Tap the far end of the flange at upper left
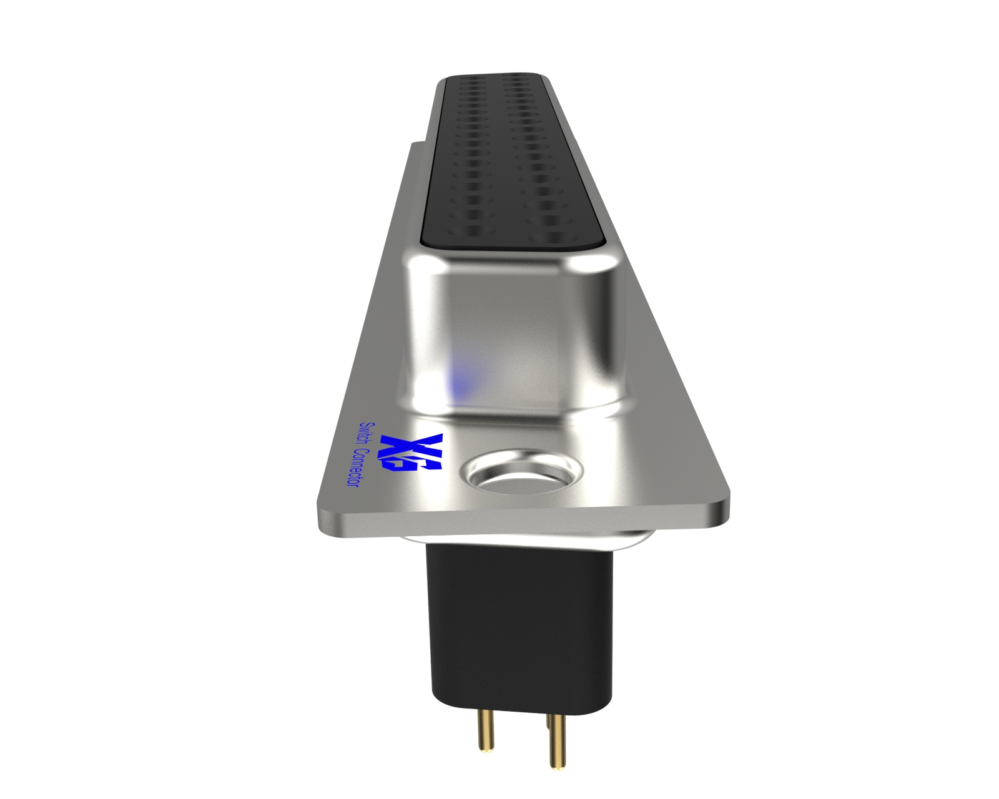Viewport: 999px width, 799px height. point(415,147)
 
